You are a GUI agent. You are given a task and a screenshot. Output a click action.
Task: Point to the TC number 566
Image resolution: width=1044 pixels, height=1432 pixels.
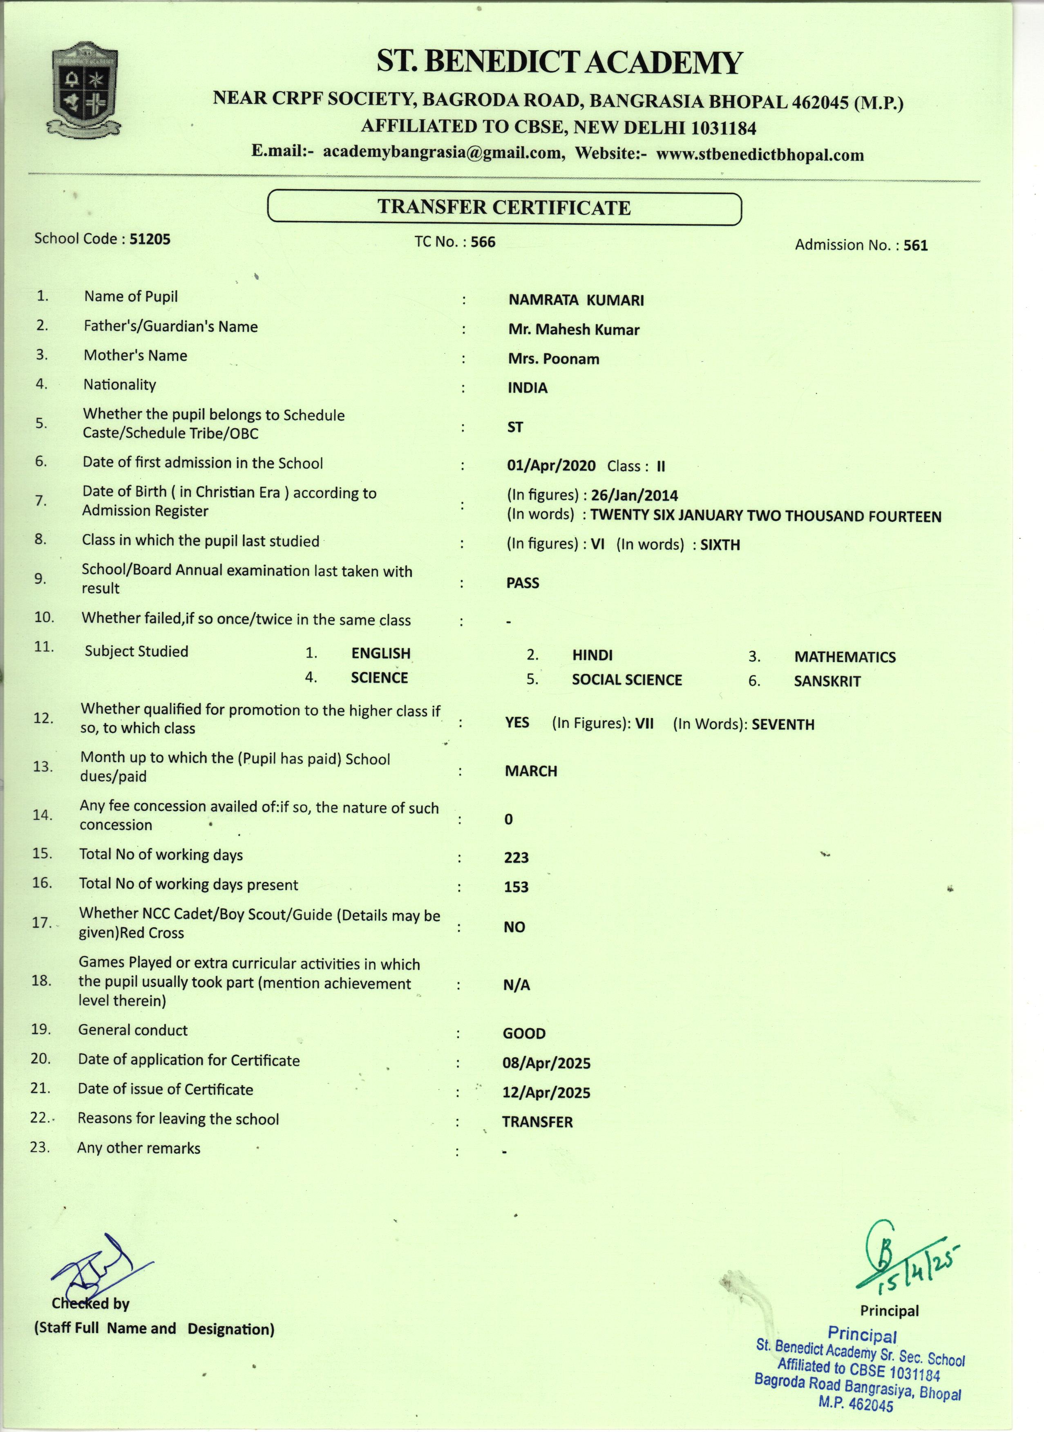tap(483, 242)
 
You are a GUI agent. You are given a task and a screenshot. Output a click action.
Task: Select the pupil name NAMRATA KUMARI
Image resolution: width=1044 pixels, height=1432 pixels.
tap(576, 300)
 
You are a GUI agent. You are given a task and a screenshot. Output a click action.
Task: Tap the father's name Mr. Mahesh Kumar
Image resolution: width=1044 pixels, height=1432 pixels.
tap(573, 329)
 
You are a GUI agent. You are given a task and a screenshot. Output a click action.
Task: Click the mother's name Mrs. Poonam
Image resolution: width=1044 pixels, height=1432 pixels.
tap(554, 359)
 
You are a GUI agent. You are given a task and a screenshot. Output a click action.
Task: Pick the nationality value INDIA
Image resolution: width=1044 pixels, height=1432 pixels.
tap(528, 388)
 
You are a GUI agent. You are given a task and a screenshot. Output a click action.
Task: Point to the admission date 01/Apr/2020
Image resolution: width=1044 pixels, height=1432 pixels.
tap(551, 466)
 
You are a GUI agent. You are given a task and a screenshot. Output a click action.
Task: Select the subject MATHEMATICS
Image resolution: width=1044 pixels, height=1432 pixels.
tap(845, 657)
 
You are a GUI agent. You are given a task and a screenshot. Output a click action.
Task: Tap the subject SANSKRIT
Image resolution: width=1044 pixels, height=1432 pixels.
tap(827, 681)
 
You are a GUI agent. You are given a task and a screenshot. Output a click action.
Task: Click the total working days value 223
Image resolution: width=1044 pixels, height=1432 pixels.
tap(516, 857)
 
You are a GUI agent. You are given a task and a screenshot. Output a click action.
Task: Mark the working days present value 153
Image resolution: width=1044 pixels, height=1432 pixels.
tap(516, 887)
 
